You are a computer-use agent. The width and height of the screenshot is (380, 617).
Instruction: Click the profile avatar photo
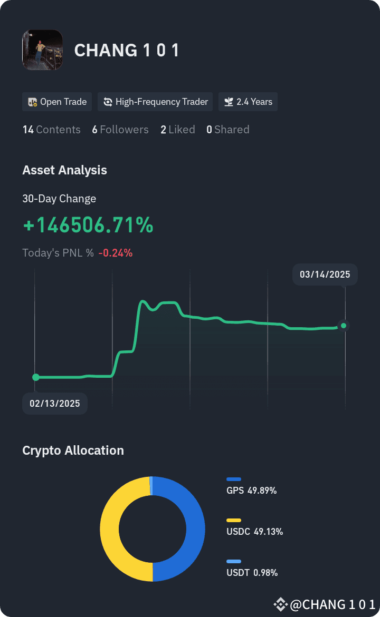pyautogui.click(x=43, y=50)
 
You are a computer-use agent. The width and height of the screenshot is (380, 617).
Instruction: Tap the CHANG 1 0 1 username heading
pyautogui.click(x=127, y=51)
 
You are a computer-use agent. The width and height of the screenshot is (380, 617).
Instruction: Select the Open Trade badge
pyautogui.click(x=57, y=102)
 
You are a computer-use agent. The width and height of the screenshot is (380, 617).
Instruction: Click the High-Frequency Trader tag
pyautogui.click(x=155, y=102)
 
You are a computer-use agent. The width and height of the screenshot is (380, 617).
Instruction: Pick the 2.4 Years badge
pyautogui.click(x=248, y=102)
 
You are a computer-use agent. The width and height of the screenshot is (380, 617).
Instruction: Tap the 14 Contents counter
pyautogui.click(x=52, y=130)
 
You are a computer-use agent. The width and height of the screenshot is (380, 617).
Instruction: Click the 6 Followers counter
pyautogui.click(x=120, y=130)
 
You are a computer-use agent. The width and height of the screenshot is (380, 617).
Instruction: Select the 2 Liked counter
pyautogui.click(x=178, y=130)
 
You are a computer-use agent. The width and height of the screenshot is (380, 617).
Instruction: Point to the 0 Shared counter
pyautogui.click(x=228, y=130)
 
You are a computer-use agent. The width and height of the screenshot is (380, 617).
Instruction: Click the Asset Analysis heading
pyautogui.click(x=64, y=170)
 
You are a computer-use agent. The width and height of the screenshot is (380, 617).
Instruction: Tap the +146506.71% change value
pyautogui.click(x=88, y=225)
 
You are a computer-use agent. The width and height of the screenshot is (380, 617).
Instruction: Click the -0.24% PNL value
pyautogui.click(x=116, y=252)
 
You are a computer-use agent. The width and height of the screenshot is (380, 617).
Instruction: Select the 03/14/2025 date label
pyautogui.click(x=325, y=275)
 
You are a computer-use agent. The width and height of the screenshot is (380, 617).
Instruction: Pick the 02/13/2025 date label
pyautogui.click(x=55, y=403)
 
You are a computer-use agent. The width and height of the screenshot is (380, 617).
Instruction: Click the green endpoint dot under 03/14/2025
pyautogui.click(x=344, y=326)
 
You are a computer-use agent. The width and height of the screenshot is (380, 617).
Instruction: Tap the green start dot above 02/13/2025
pyautogui.click(x=36, y=377)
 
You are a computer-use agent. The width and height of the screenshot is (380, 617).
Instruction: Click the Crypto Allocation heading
pyautogui.click(x=73, y=450)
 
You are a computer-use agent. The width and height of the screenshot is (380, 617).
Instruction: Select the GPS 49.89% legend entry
pyautogui.click(x=252, y=486)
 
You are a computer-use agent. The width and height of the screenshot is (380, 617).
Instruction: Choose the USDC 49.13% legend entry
pyautogui.click(x=254, y=527)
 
